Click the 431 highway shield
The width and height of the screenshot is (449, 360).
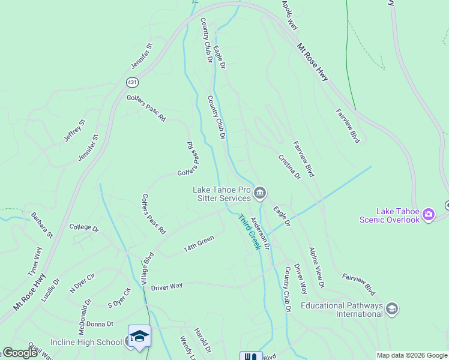click(131, 81)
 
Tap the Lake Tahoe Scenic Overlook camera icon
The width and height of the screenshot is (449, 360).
click(428, 214)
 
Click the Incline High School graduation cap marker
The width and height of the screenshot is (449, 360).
click(139, 337)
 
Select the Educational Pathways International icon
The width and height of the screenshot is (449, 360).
click(392, 309)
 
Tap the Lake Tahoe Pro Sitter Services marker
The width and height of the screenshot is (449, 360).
click(260, 192)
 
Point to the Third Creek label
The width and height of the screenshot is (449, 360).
click(250, 232)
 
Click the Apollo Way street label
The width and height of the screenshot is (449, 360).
click(290, 15)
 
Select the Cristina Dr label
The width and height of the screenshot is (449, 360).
click(289, 167)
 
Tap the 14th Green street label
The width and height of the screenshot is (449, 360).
click(199, 242)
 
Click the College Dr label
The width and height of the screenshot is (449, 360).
click(83, 227)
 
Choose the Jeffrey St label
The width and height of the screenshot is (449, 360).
click(75, 131)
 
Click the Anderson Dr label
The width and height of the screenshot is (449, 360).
click(261, 233)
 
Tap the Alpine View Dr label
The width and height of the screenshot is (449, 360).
click(316, 266)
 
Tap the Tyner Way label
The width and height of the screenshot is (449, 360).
click(35, 262)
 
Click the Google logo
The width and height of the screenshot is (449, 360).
click(20, 353)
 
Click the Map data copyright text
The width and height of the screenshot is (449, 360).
click(412, 355)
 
